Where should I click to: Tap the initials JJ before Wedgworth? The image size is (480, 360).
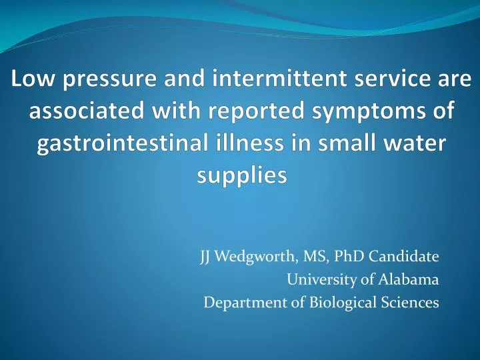click(207, 255)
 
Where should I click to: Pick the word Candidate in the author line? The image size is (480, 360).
click(403, 255)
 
